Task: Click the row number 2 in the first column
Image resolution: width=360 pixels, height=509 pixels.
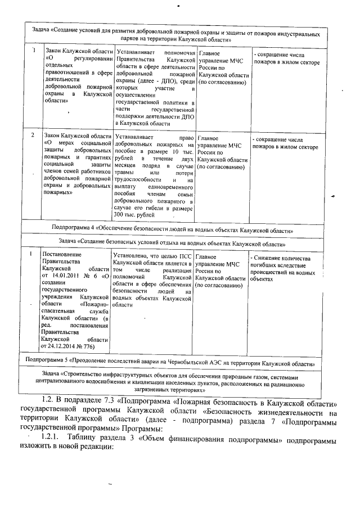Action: point(33,136)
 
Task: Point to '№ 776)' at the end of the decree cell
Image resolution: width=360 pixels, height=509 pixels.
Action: point(91,347)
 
